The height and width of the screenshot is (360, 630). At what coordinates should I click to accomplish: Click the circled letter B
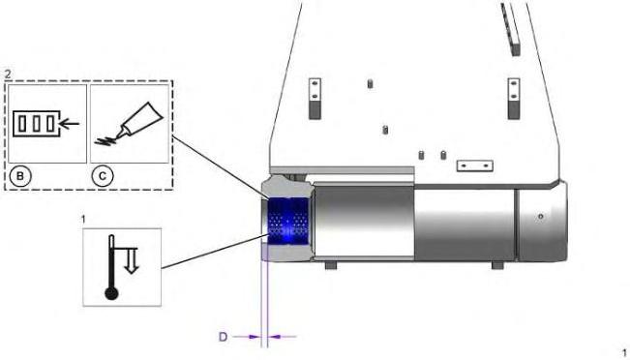pos(20,176)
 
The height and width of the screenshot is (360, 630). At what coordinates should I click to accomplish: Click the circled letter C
pos(103,176)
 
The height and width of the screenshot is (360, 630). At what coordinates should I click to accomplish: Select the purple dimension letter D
pos(223,337)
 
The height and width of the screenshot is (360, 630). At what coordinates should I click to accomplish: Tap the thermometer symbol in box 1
pos(111,267)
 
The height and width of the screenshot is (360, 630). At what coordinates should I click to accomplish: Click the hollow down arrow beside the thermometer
pos(132,261)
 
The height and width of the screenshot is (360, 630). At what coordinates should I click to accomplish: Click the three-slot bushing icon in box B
pos(37,124)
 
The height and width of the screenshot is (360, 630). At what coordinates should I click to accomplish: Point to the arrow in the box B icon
pos(69,124)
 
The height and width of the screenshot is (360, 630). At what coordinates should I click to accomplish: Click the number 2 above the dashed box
pos(8,75)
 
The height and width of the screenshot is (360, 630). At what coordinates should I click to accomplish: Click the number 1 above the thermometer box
pos(83,220)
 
